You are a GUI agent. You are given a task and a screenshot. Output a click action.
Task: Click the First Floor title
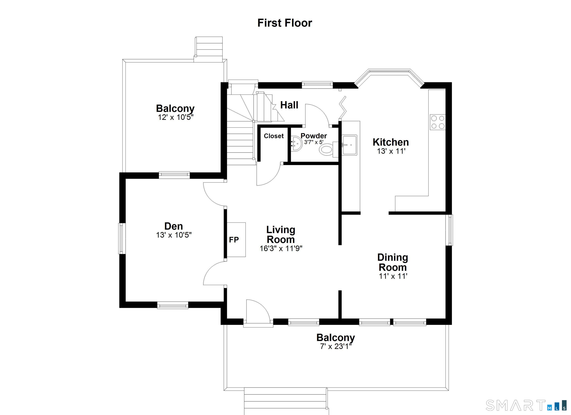(285, 23)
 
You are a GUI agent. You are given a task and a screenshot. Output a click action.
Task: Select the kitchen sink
(349, 145)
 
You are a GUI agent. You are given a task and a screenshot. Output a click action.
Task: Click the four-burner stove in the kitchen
(438, 122)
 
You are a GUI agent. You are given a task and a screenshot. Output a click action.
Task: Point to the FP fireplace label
(234, 240)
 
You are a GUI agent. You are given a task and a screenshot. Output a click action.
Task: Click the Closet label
(274, 136)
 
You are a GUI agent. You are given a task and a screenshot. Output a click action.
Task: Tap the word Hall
(289, 105)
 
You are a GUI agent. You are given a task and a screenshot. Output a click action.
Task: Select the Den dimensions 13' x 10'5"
(174, 235)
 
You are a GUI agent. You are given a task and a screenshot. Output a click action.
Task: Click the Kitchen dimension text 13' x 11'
(391, 151)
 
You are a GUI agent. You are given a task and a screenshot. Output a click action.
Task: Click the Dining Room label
(393, 262)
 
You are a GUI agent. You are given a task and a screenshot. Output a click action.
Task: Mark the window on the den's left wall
(122, 239)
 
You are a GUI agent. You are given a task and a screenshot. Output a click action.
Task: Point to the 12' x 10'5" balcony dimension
(175, 117)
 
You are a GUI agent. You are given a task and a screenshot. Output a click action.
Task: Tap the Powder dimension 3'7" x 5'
(314, 142)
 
